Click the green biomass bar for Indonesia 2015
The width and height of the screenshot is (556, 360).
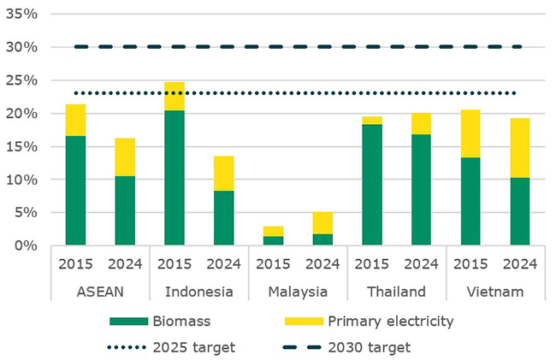[x=174, y=178]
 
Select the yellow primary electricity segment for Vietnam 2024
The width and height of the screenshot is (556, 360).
[x=520, y=148]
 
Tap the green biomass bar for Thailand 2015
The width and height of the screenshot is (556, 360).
[x=372, y=185]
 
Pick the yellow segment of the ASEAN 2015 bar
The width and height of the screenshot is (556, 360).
[x=76, y=120]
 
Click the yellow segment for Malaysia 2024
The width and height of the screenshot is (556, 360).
[x=322, y=222]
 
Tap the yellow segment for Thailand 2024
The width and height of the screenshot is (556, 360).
[x=421, y=124]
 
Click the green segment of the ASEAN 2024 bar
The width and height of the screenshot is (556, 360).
[x=125, y=210]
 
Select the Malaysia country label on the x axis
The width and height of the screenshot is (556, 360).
[x=297, y=292]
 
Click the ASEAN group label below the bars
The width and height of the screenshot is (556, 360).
[x=100, y=292]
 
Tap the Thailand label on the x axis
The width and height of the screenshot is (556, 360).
[x=396, y=292]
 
